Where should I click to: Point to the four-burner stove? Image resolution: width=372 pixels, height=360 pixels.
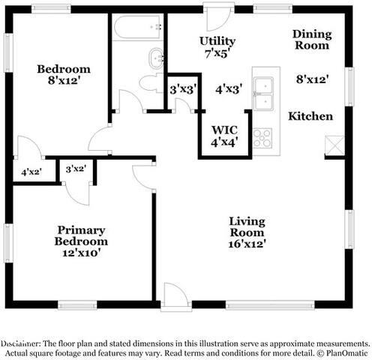(x=262, y=138)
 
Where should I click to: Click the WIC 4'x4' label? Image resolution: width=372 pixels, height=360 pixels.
(x=223, y=135)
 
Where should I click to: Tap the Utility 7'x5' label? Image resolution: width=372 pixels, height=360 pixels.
(x=217, y=46)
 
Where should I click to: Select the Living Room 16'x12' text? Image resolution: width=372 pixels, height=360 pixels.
(x=247, y=232)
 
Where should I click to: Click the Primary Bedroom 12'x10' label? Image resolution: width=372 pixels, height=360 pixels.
(x=80, y=241)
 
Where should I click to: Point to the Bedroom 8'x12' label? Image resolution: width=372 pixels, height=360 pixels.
(x=64, y=76)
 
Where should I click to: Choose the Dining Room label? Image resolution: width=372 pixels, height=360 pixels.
(x=310, y=40)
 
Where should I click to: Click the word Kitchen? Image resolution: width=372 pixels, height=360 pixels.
(x=310, y=116)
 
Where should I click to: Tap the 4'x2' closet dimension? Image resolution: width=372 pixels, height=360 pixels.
(x=31, y=172)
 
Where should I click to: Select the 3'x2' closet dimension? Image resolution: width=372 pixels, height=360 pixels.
(x=76, y=169)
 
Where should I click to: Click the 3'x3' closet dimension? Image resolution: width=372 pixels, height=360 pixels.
(x=182, y=89)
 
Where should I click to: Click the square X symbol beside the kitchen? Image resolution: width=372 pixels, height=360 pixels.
(x=334, y=145)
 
